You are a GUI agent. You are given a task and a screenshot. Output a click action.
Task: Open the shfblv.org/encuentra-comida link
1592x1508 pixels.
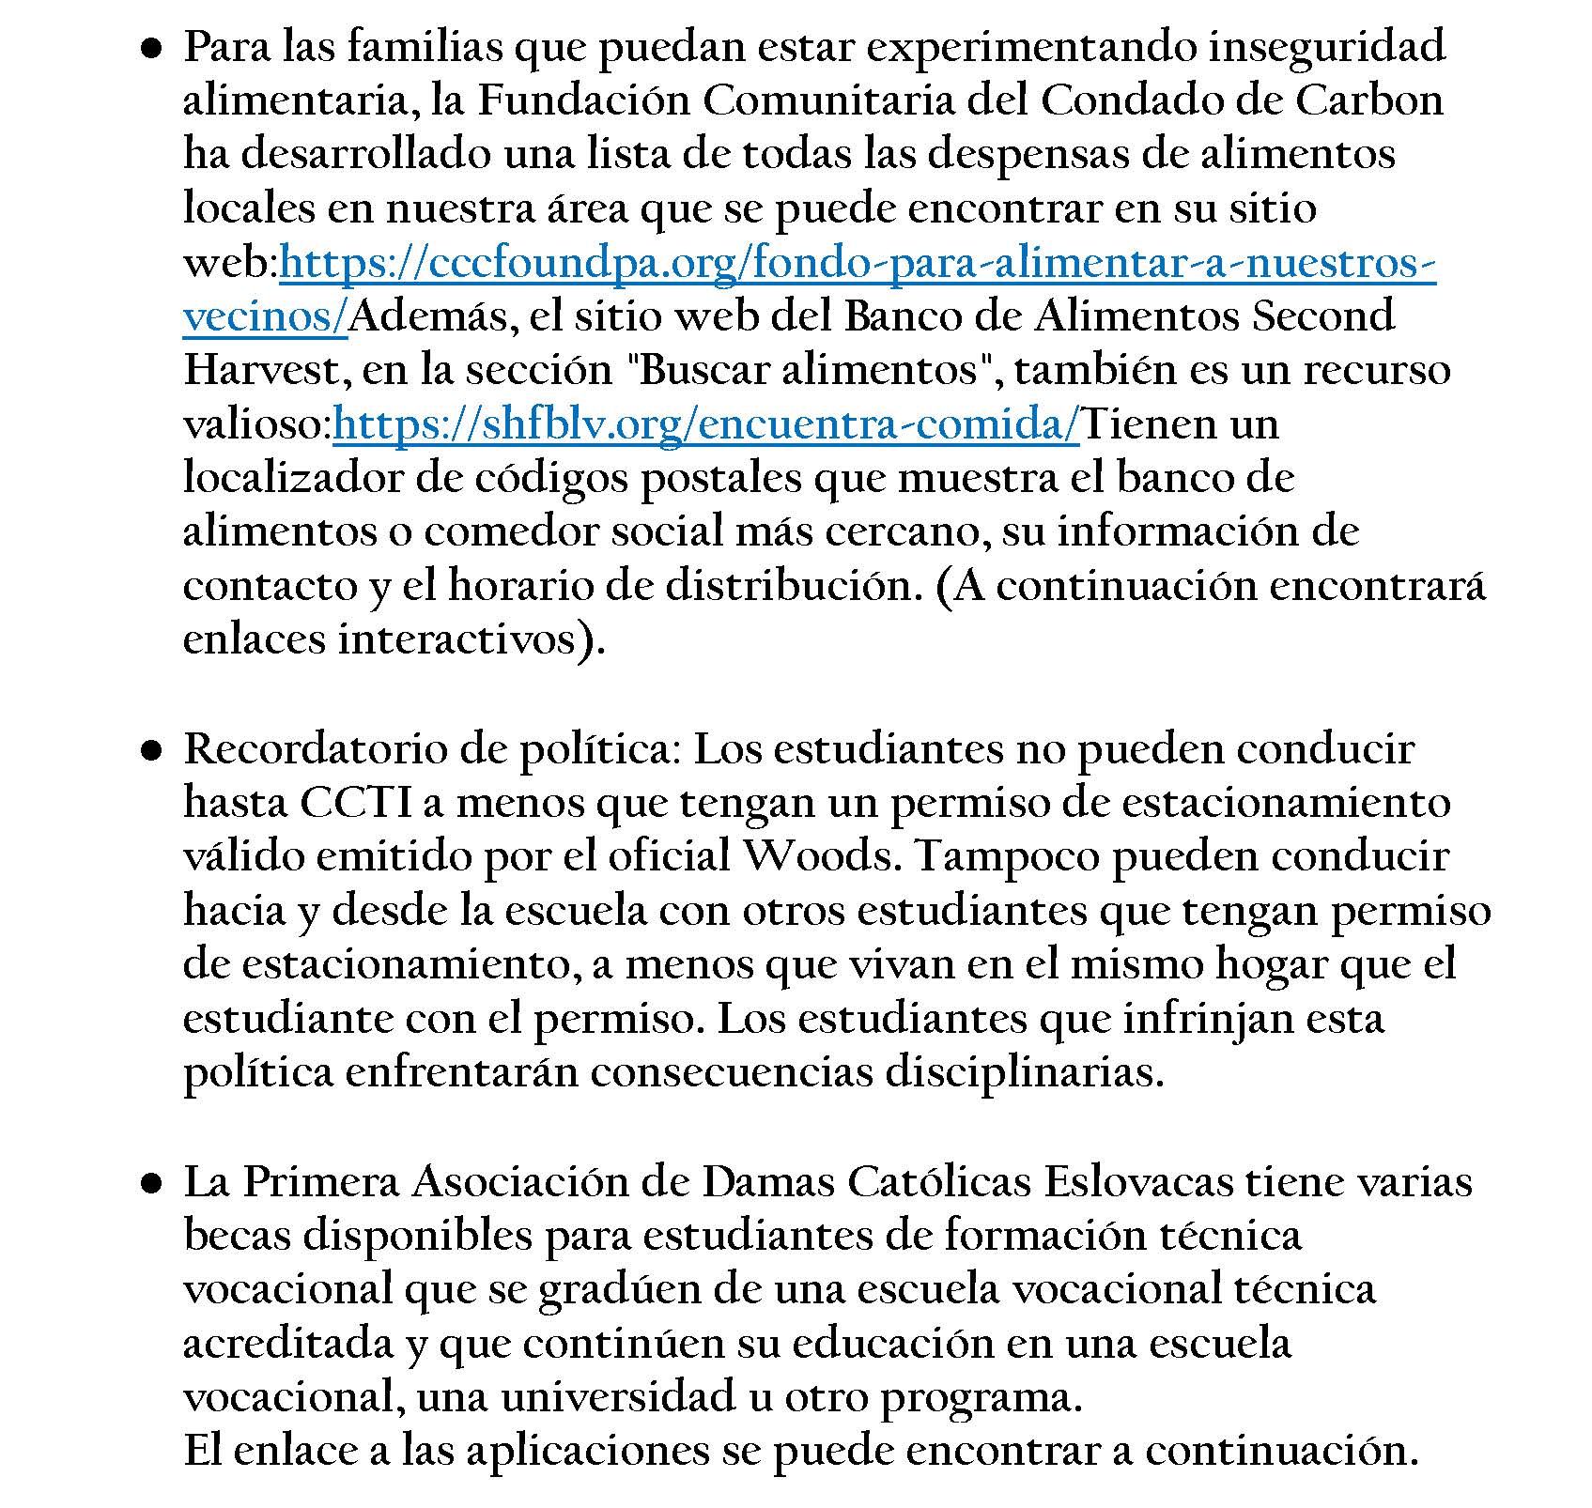coord(705,424)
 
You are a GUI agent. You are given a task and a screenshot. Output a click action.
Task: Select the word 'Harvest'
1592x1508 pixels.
coord(267,371)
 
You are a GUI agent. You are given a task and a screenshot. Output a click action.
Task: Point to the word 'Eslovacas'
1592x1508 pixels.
coord(1138,1182)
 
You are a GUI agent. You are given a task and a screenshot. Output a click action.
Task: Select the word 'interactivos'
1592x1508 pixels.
coord(457,640)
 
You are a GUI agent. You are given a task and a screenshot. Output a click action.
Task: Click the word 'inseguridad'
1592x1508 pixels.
coord(1326,47)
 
